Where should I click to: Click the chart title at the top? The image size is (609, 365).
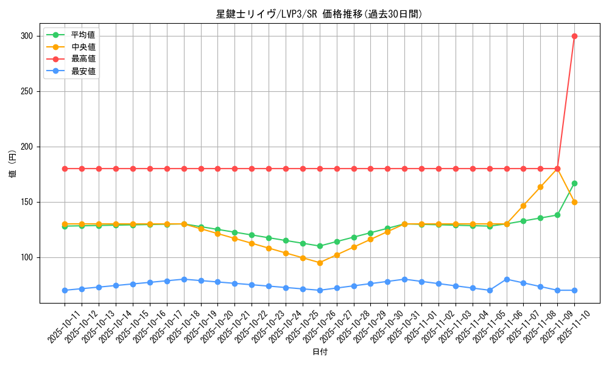319,14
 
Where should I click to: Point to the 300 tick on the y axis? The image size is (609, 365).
26,36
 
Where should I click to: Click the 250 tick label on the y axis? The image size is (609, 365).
26,91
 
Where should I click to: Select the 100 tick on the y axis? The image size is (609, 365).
26,257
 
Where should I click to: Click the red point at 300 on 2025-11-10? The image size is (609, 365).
574,36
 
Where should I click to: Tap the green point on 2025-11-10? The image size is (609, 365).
574,183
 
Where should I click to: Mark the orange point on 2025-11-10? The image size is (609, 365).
574,202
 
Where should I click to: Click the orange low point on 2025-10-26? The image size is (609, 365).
320,263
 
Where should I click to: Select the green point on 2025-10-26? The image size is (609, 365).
320,246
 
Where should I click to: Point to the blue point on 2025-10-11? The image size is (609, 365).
65,290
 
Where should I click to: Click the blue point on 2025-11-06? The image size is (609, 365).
507,279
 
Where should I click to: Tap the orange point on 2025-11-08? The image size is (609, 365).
540,187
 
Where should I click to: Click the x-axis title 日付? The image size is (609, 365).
319,352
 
